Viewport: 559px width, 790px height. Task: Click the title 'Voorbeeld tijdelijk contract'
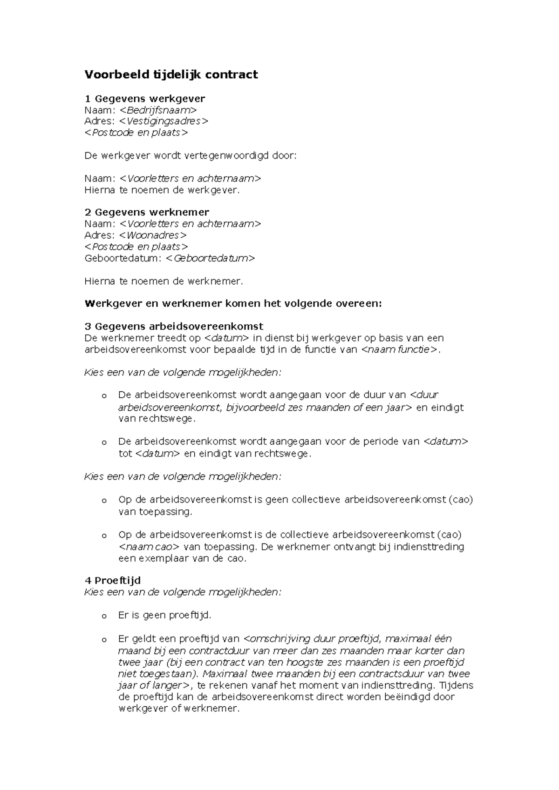click(170, 74)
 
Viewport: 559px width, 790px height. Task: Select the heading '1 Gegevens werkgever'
click(144, 99)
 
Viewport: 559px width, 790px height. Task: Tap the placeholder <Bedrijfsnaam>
click(158, 110)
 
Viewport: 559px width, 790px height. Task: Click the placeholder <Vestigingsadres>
click(164, 121)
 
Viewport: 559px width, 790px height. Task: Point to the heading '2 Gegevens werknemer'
click(146, 212)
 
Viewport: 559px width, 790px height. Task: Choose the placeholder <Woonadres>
click(153, 235)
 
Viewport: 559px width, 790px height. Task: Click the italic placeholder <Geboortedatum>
click(211, 258)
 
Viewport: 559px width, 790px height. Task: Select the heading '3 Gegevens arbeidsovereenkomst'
click(174, 326)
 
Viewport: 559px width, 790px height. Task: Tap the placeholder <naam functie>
click(399, 350)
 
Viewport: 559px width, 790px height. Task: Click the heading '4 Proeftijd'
click(112, 581)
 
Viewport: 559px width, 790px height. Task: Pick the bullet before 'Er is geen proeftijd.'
click(104, 616)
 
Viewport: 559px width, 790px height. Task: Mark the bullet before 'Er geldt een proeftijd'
click(104, 640)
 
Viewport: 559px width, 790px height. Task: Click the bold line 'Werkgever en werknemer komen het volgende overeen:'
click(233, 304)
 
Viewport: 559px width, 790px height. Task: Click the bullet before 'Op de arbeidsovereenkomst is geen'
click(104, 501)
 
